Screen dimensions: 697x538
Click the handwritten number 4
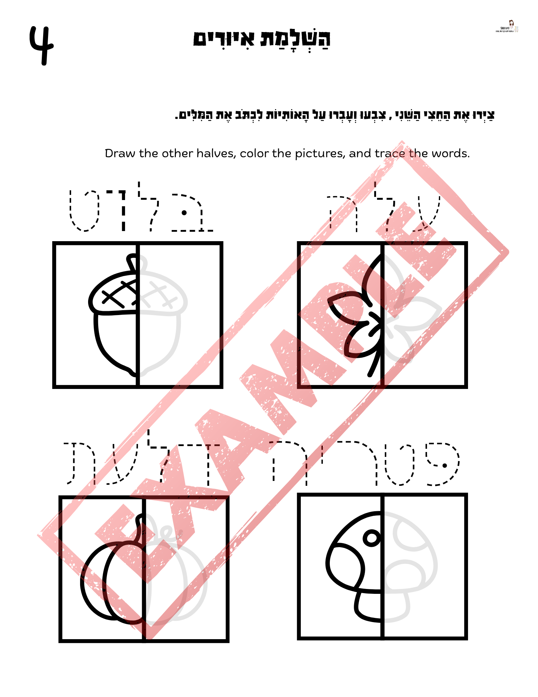pos(41,45)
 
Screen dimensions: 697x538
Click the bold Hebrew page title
pos(262,39)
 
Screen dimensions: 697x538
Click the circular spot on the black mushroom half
pos(372,538)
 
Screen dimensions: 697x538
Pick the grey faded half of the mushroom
pos(407,565)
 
